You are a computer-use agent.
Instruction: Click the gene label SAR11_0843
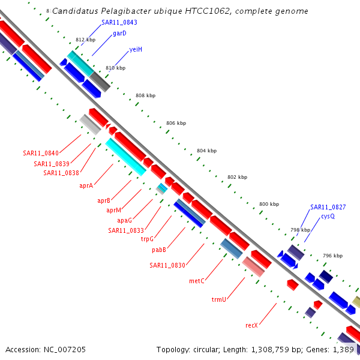pyautogui.click(x=119, y=22)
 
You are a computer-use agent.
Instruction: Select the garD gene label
pyautogui.click(x=119, y=34)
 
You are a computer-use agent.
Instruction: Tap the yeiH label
pyautogui.click(x=136, y=49)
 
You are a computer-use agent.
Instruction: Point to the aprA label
pyautogui.click(x=86, y=185)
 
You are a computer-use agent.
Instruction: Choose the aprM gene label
pyautogui.click(x=114, y=210)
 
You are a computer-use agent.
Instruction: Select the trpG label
pyautogui.click(x=148, y=239)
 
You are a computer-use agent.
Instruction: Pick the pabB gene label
pyautogui.click(x=159, y=250)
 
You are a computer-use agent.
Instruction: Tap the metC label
pyautogui.click(x=197, y=281)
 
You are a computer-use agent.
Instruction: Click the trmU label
pyautogui.click(x=218, y=299)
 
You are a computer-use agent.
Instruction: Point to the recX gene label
pyautogui.click(x=251, y=325)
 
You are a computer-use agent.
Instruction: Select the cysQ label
pyautogui.click(x=328, y=216)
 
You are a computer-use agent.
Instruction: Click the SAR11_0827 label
pyautogui.click(x=328, y=207)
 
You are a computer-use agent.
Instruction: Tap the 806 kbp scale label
pyautogui.click(x=176, y=123)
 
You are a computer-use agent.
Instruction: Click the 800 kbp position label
pyautogui.click(x=269, y=205)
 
